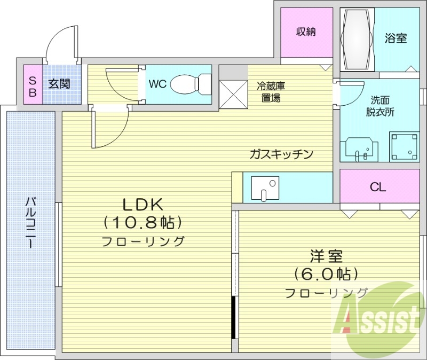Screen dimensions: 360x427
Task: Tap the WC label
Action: [x=157, y=84]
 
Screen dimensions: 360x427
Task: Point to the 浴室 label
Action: [x=396, y=38]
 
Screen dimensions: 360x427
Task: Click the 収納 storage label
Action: [x=306, y=32]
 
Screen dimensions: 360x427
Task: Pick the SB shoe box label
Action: [x=32, y=87]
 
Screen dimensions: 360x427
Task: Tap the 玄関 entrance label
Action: [x=59, y=84]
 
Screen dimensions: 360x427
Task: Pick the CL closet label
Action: [x=378, y=187]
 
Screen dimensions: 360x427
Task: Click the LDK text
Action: [x=142, y=204]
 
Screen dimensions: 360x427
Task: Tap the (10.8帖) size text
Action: [x=143, y=221]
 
